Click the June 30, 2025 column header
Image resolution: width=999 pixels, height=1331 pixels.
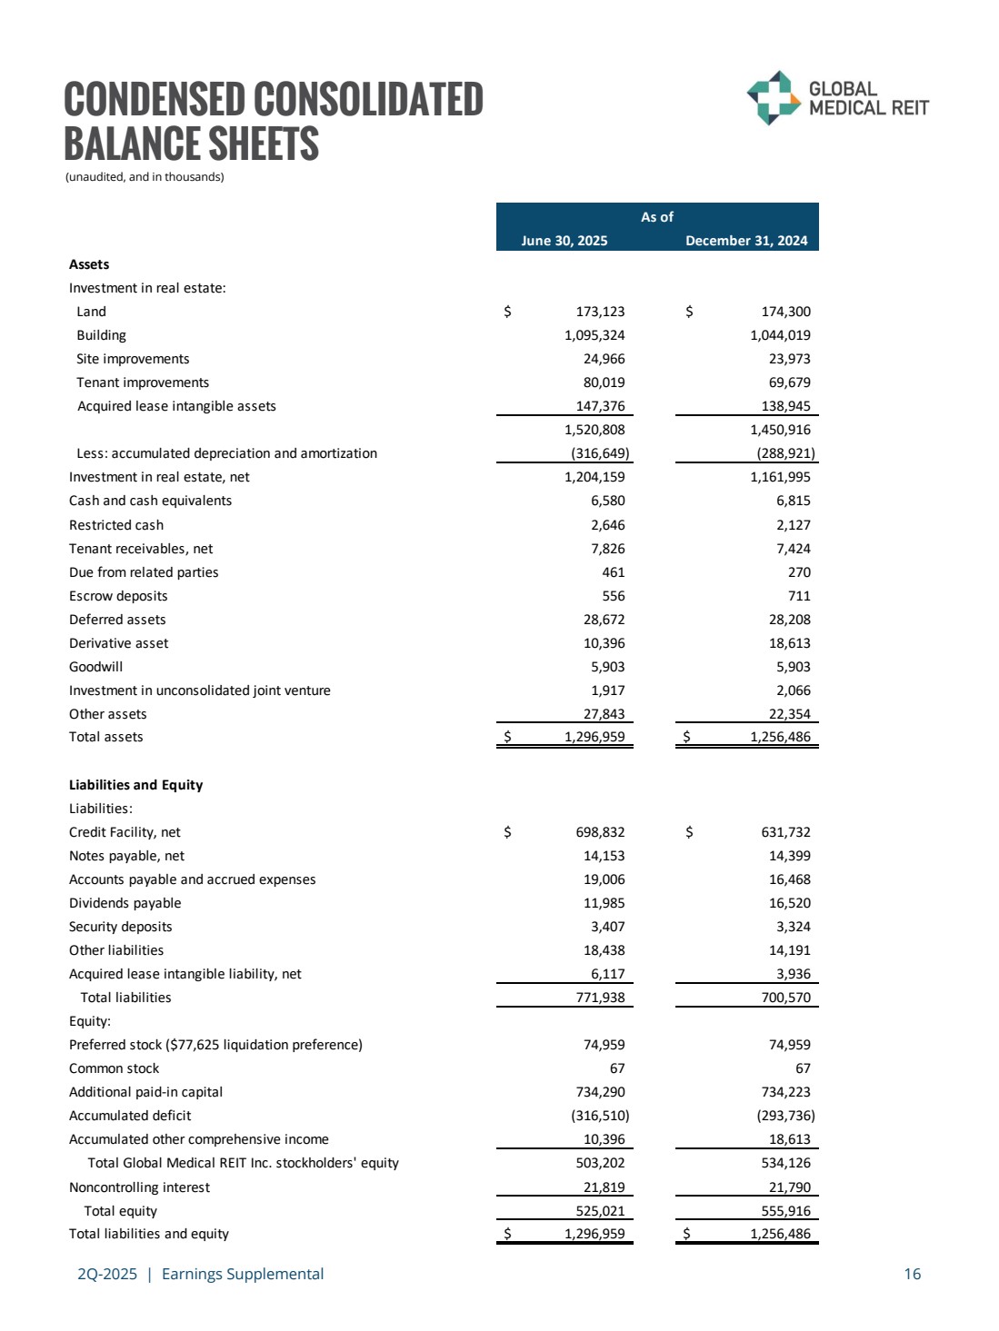click(x=564, y=241)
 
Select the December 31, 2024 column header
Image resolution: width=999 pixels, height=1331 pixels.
click(x=746, y=241)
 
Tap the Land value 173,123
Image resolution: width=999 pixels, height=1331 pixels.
click(x=594, y=312)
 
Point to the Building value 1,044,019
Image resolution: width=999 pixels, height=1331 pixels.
click(x=780, y=335)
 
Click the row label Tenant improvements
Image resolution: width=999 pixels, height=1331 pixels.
click(x=143, y=382)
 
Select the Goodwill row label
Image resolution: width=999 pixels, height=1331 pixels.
click(x=95, y=667)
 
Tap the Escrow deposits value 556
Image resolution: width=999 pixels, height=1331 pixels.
click(x=614, y=596)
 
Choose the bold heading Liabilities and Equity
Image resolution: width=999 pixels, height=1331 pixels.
click(x=135, y=785)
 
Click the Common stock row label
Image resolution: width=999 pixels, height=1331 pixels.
click(x=114, y=1068)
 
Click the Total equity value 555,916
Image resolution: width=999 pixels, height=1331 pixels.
click(x=785, y=1211)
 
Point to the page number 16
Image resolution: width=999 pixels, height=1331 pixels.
click(x=912, y=1274)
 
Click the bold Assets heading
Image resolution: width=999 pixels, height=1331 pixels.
click(x=89, y=264)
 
